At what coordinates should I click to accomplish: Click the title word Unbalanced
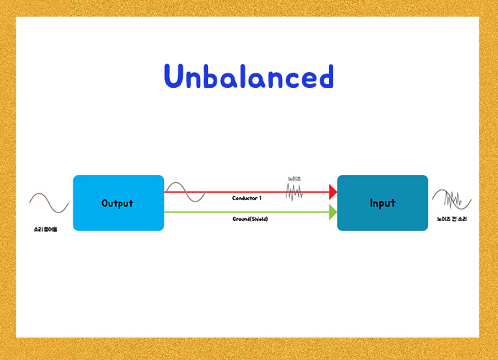click(x=248, y=76)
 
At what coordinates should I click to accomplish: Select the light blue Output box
click(x=118, y=202)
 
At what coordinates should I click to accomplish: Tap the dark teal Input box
click(x=382, y=202)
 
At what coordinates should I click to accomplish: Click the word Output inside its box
click(x=117, y=203)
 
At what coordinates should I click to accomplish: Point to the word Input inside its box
click(x=382, y=203)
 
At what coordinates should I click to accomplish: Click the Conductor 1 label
click(x=246, y=198)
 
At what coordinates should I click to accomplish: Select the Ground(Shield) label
click(x=250, y=219)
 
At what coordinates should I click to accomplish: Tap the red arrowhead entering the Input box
click(x=332, y=192)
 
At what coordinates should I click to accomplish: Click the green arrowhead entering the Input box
click(x=332, y=212)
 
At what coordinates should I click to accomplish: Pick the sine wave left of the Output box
click(x=49, y=202)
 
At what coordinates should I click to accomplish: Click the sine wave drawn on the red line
click(x=185, y=192)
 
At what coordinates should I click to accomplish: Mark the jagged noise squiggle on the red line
click(x=294, y=192)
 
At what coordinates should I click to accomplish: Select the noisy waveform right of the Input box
click(x=451, y=199)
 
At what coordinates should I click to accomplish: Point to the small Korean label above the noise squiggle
click(x=294, y=179)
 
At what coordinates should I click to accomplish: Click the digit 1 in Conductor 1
click(x=260, y=198)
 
